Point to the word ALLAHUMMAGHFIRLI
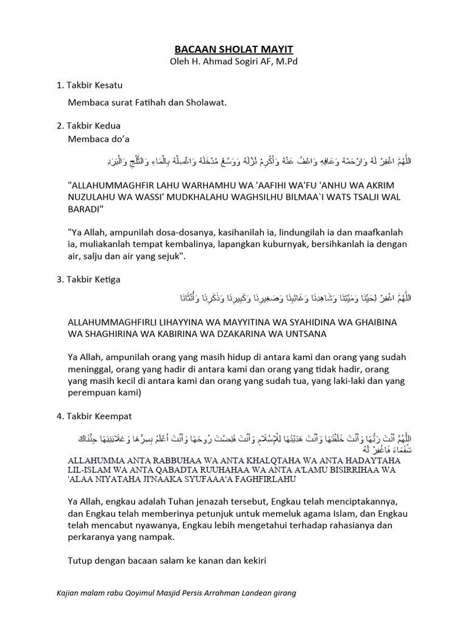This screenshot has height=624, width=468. click(x=119, y=322)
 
